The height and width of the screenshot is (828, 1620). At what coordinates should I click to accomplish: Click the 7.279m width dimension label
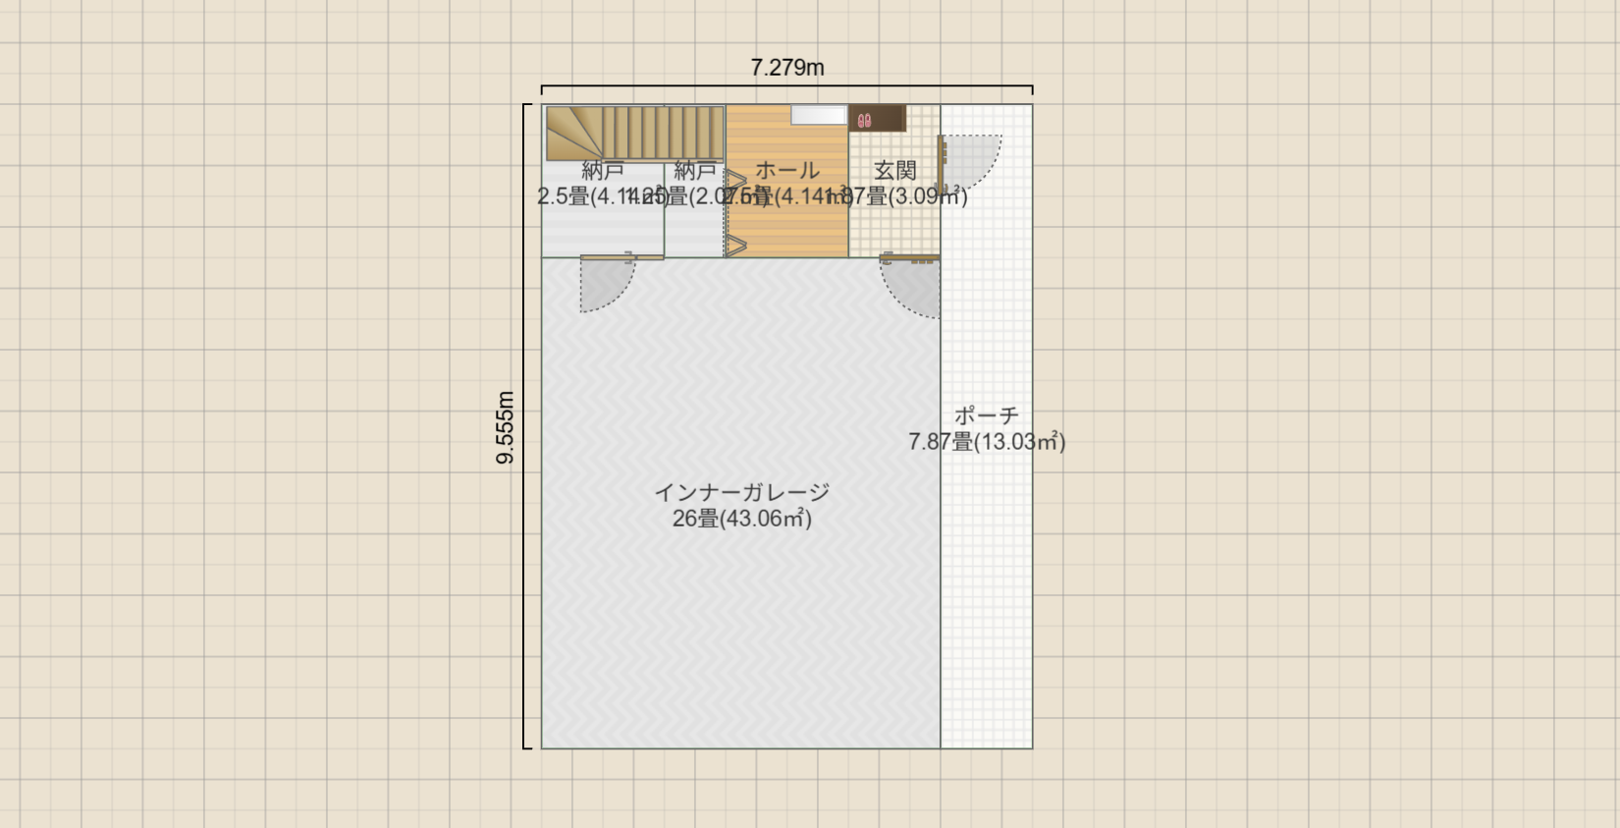(786, 68)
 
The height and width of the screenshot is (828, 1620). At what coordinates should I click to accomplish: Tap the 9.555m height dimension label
(505, 427)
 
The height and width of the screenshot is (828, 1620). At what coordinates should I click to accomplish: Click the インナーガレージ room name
(741, 492)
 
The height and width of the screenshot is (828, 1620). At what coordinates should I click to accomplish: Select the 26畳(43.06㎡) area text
(741, 519)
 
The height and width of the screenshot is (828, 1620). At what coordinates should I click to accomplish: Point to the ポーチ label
(986, 415)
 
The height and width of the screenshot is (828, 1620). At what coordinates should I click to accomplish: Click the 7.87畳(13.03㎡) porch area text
(986, 442)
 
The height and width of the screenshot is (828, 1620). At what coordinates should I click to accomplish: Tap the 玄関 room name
(894, 171)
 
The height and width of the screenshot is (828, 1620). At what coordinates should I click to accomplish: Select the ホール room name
(786, 171)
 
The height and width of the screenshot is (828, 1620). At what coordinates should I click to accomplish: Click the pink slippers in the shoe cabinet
(864, 121)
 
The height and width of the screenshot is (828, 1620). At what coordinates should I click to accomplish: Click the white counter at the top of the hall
(819, 115)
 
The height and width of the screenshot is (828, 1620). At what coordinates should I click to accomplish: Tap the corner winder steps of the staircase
(572, 132)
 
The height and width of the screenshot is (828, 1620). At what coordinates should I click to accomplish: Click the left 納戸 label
(603, 171)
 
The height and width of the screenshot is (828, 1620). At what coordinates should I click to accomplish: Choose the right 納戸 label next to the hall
(694, 171)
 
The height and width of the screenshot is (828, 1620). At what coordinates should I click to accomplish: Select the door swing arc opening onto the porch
(969, 159)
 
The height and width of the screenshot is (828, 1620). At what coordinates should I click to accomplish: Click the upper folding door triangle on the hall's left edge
(735, 181)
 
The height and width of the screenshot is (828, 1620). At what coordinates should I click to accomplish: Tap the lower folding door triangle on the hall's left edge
(735, 245)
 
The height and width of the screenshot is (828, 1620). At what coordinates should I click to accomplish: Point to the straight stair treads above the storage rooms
(663, 132)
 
